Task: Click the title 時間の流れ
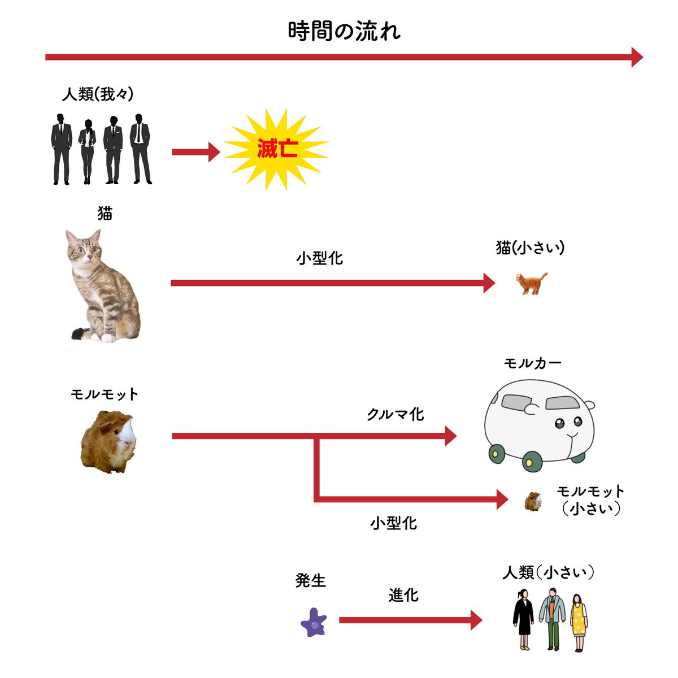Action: pyautogui.click(x=344, y=31)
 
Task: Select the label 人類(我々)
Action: pyautogui.click(x=98, y=94)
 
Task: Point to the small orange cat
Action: pyautogui.click(x=532, y=283)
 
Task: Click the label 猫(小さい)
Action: pyautogui.click(x=530, y=247)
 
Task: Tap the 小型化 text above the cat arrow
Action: pyautogui.click(x=319, y=258)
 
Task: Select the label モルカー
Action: pyautogui.click(x=532, y=363)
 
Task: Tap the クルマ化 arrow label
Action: pyautogui.click(x=395, y=414)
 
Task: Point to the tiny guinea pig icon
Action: pyautogui.click(x=533, y=501)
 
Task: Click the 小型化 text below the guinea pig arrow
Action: pyautogui.click(x=393, y=523)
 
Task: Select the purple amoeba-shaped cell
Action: pyautogui.click(x=314, y=622)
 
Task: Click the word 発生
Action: pyautogui.click(x=311, y=580)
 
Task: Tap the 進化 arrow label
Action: pyautogui.click(x=403, y=595)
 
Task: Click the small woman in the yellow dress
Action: pyautogui.click(x=578, y=621)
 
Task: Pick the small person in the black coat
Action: pyautogui.click(x=523, y=619)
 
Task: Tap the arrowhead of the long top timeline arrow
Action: pyautogui.click(x=637, y=57)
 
